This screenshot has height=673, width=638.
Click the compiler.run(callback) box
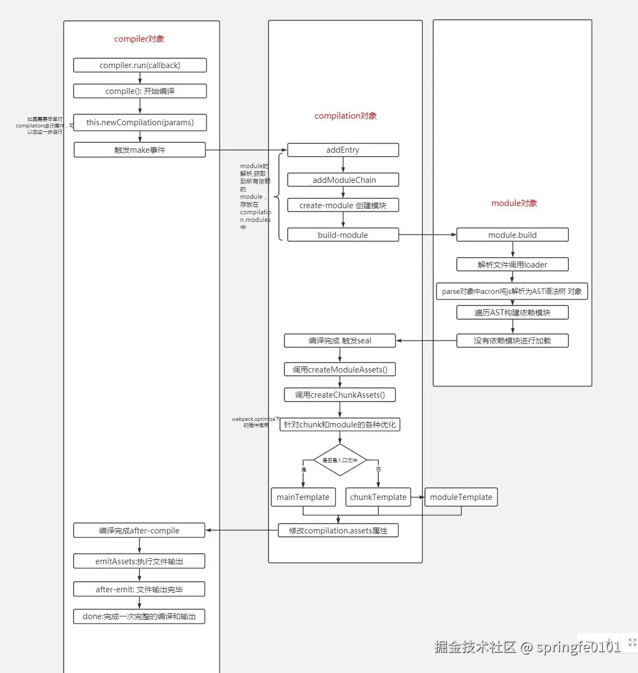[140, 65]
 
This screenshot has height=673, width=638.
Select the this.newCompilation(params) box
[140, 123]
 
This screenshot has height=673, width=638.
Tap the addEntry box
[343, 150]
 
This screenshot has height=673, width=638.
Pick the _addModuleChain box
[343, 180]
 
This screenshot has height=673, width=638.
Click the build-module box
[343, 235]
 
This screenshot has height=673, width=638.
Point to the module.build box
[512, 235]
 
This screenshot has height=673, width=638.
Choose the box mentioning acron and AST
[512, 291]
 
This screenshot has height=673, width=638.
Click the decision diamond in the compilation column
[340, 460]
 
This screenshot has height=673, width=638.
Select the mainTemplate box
[303, 497]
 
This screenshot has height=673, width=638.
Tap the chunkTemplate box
[378, 497]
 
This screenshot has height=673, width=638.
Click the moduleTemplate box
[461, 497]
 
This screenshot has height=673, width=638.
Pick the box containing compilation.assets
[338, 531]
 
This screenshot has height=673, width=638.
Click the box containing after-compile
[139, 531]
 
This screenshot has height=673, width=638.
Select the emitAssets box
[139, 561]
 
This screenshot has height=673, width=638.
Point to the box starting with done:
[139, 616]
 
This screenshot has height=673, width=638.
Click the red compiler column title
[139, 39]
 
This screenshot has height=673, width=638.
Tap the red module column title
[514, 203]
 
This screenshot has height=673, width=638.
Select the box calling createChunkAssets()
[340, 395]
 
